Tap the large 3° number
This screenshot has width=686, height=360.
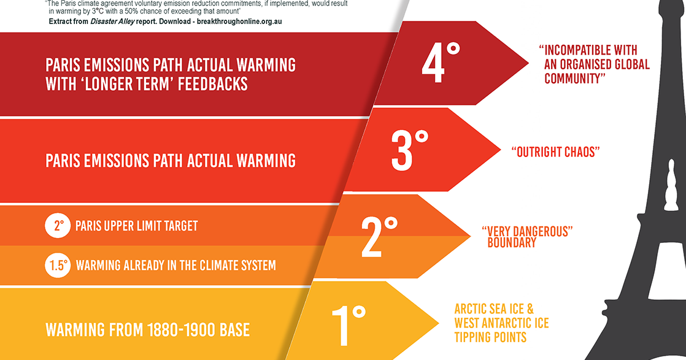[410, 148]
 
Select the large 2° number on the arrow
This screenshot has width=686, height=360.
[379, 236]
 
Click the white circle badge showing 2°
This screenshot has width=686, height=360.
[57, 226]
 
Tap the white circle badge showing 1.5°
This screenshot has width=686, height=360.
[57, 266]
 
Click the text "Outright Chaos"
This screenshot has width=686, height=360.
[553, 152]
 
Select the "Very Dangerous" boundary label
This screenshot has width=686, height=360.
[527, 237]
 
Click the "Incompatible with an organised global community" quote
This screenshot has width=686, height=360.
[593, 64]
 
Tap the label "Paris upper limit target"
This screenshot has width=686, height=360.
[136, 226]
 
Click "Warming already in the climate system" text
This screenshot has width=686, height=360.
[175, 266]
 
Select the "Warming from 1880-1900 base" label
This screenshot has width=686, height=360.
[148, 330]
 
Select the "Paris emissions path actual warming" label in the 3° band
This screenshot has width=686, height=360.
[171, 161]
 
